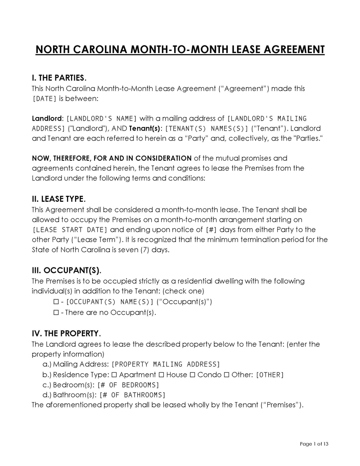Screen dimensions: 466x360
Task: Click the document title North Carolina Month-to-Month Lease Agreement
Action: pyautogui.click(x=180, y=49)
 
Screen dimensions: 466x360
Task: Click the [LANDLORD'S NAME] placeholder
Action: pyautogui.click(x=102, y=118)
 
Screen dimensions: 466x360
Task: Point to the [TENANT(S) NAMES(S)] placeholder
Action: pyautogui.click(x=207, y=128)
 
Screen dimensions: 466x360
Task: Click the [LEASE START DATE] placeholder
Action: pyautogui.click(x=70, y=230)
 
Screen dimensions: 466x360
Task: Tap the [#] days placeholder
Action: pyautogui.click(x=211, y=230)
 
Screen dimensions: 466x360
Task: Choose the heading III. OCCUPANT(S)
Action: pyautogui.click(x=67, y=271)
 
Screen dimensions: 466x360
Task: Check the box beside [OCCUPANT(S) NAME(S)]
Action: pyautogui.click(x=56, y=301)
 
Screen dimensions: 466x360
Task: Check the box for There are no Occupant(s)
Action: pyautogui.click(x=56, y=312)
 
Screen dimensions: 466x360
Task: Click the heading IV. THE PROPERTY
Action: pyautogui.click(x=66, y=334)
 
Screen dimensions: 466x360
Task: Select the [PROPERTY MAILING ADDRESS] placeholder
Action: pyautogui.click(x=166, y=364)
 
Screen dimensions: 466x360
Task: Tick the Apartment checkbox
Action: pyautogui.click(x=114, y=375)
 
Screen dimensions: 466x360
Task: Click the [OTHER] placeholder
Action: pyautogui.click(x=270, y=375)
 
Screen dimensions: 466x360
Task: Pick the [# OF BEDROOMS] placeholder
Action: pyautogui.click(x=128, y=385)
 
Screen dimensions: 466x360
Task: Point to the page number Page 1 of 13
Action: pyautogui.click(x=314, y=444)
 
